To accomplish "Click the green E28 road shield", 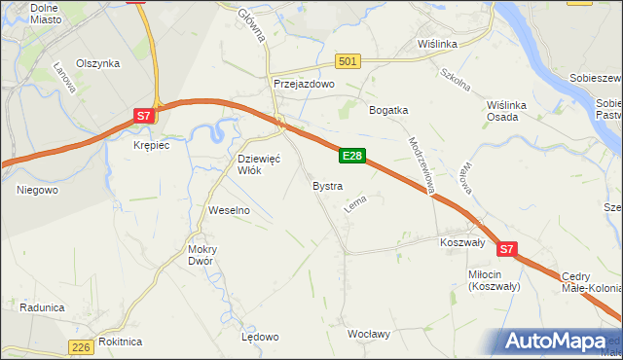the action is (x=352, y=156).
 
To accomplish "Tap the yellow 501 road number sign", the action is (x=348, y=61).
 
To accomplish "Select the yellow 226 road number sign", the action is (x=82, y=347).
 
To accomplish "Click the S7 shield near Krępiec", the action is (x=143, y=116).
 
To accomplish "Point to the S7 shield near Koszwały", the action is (x=505, y=250).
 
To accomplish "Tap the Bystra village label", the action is (x=326, y=185).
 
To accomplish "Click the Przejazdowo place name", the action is (x=304, y=85).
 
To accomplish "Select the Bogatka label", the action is (x=387, y=110).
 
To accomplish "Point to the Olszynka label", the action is (x=98, y=63).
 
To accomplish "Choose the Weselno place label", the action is (x=230, y=210).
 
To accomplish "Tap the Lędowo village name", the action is (x=260, y=337).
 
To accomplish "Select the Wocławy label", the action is (x=369, y=334).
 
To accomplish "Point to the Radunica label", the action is (x=42, y=307).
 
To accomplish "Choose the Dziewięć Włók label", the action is (x=259, y=163).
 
